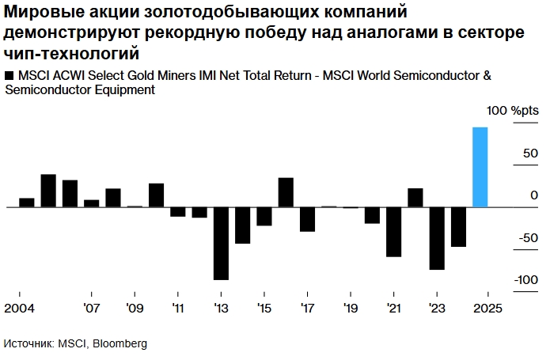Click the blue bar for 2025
480,167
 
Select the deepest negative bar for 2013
221,243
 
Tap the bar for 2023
437,238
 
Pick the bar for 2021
393,232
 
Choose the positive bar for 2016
286,192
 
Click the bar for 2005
48,191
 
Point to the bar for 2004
27,203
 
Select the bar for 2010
157,195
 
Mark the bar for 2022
415,198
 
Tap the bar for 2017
307,219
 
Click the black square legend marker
9,75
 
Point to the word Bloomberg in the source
120,343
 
